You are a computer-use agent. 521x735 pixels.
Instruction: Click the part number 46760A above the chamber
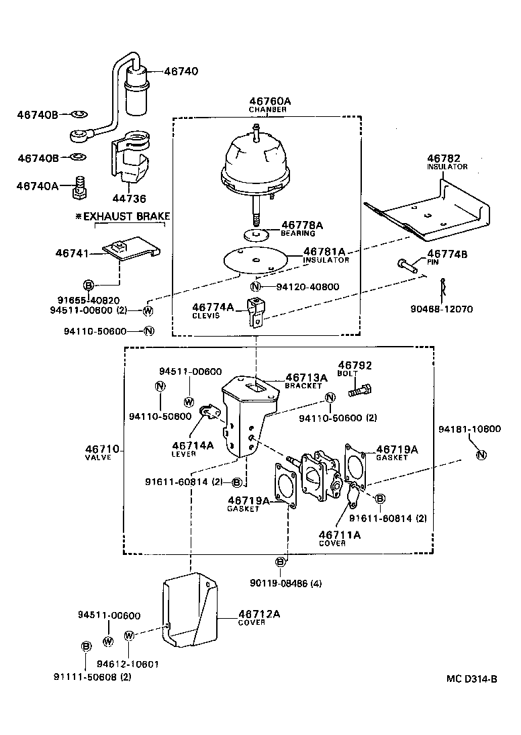click(269, 101)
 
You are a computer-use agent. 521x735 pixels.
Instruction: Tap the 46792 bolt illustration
click(361, 389)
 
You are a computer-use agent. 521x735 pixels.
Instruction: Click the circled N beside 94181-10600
click(480, 456)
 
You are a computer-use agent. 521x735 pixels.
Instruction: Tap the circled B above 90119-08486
click(281, 562)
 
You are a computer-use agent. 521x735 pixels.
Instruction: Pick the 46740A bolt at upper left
click(80, 189)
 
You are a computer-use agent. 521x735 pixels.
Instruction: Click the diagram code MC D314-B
click(471, 679)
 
